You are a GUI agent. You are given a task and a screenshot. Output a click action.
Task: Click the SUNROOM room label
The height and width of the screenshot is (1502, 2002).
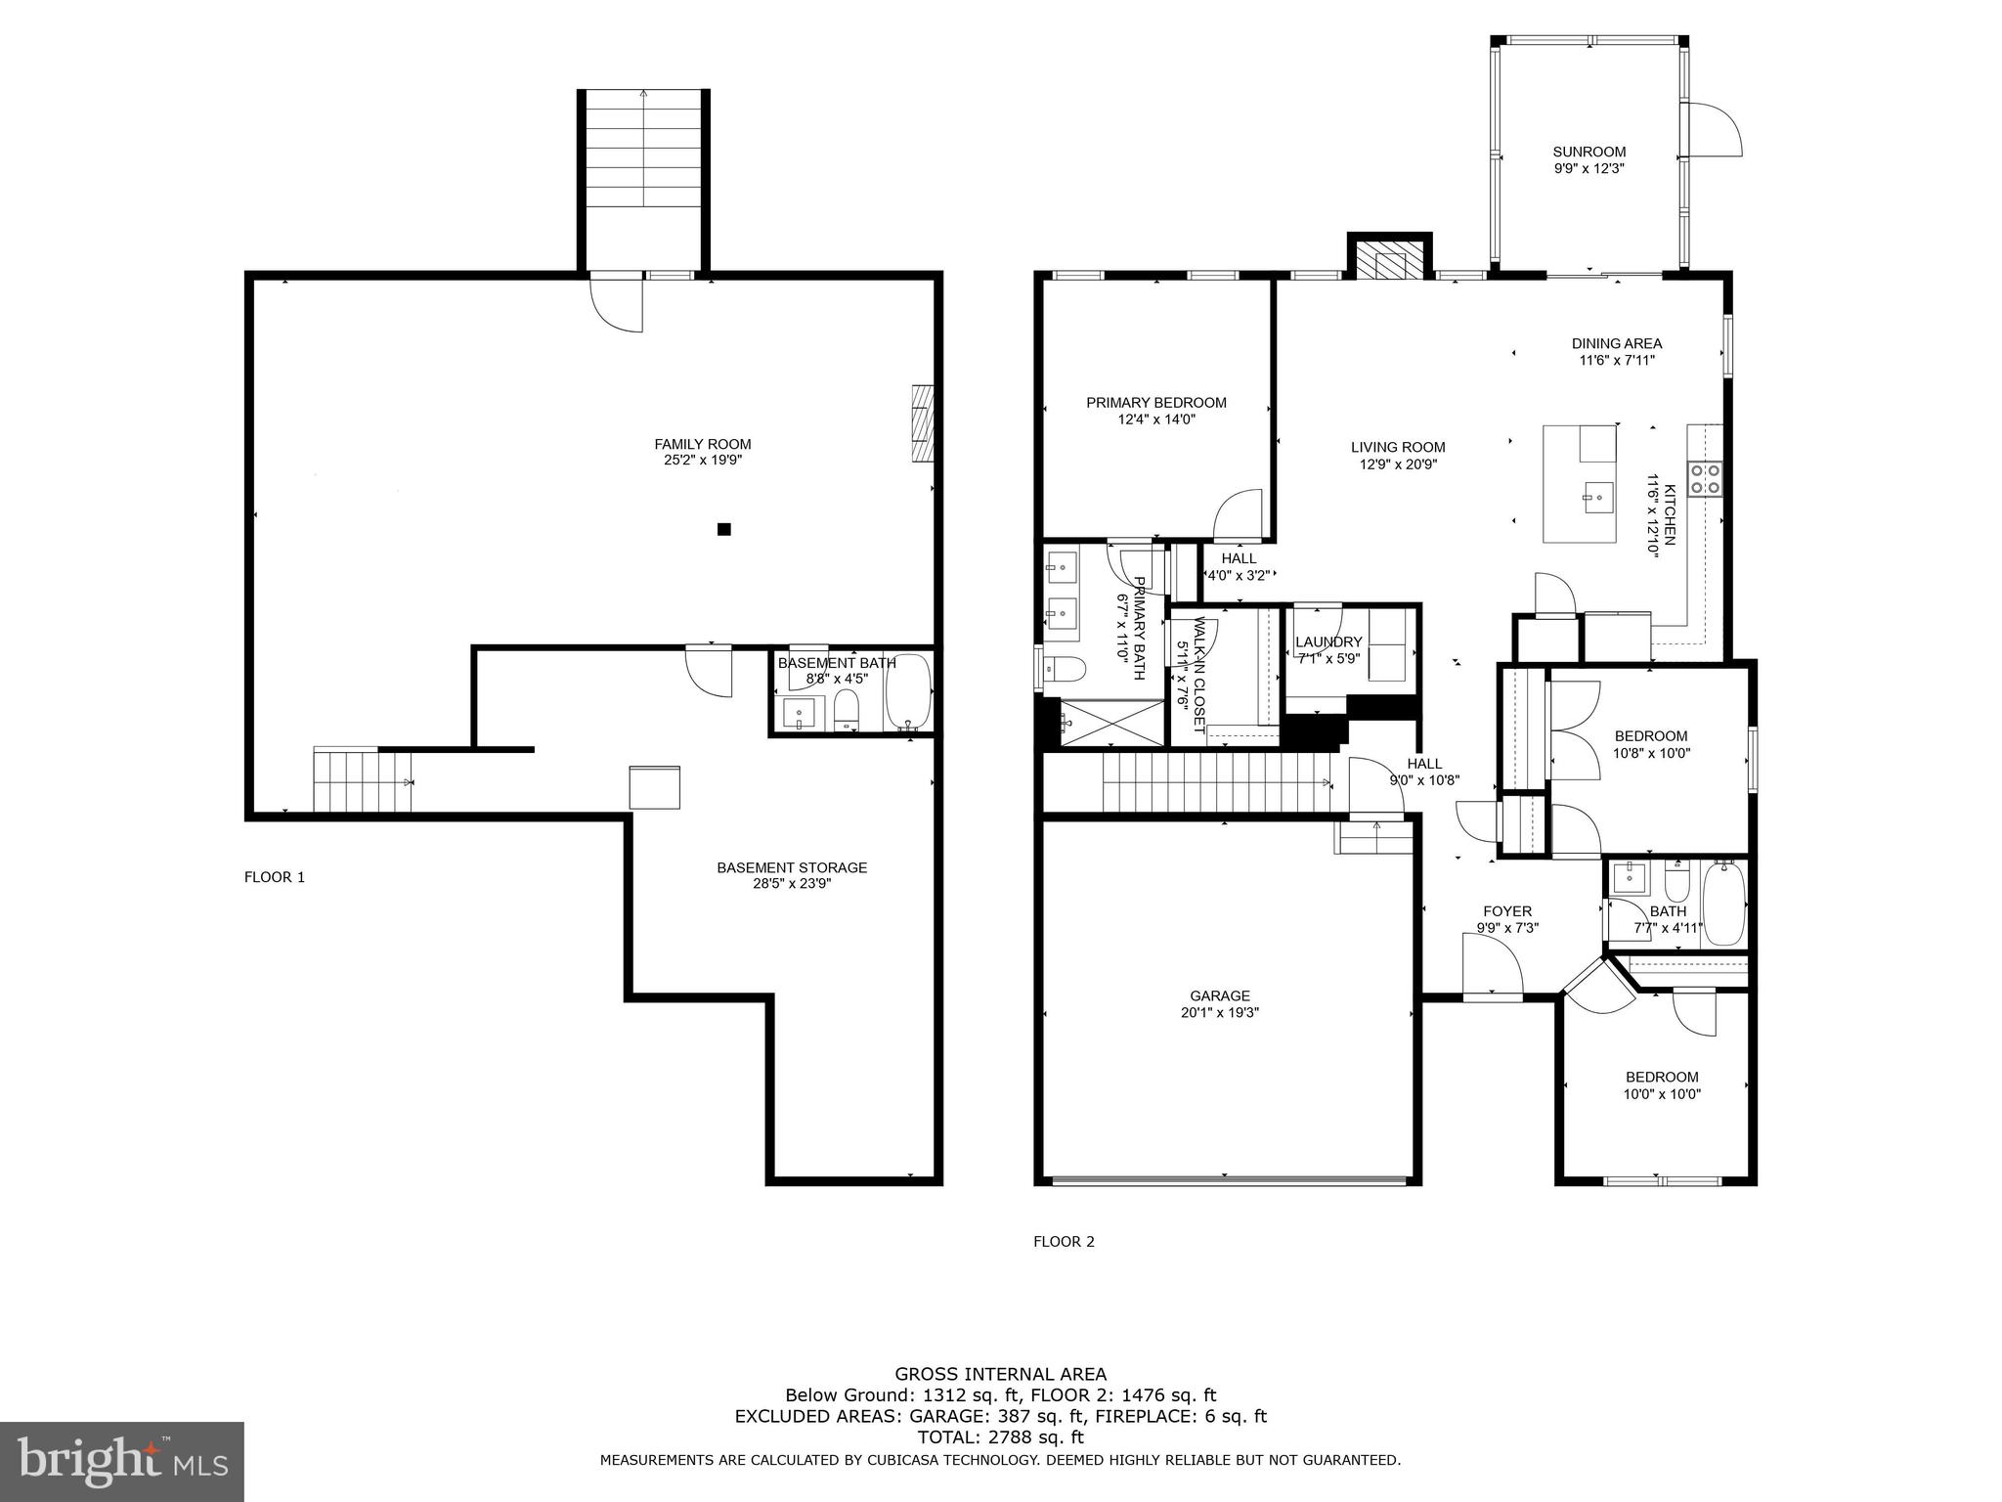pyautogui.click(x=1589, y=152)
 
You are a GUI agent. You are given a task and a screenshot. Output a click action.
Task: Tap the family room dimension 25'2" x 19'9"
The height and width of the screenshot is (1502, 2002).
pyautogui.click(x=702, y=460)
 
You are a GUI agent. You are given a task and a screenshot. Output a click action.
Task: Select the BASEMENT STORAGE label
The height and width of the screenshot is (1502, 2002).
pyautogui.click(x=791, y=867)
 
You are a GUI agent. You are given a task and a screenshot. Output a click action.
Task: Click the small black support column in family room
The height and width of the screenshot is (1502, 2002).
pyautogui.click(x=723, y=529)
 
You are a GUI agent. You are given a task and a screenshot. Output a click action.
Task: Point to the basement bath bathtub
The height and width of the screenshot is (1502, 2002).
pyautogui.click(x=907, y=693)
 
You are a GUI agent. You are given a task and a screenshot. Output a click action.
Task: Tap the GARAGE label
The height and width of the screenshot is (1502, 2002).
pyautogui.click(x=1219, y=995)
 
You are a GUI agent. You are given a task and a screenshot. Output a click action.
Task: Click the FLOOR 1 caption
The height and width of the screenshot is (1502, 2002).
pyautogui.click(x=274, y=877)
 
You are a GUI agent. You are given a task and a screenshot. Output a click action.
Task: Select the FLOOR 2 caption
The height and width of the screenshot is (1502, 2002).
pyautogui.click(x=1064, y=1242)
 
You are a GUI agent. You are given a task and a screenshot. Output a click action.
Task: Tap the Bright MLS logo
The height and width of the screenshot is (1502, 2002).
pyautogui.click(x=121, y=1461)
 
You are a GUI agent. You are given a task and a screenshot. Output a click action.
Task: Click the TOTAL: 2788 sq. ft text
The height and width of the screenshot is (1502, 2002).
pyautogui.click(x=1000, y=1437)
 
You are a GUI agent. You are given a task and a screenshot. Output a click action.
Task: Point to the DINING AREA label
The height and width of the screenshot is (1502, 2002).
pyautogui.click(x=1616, y=343)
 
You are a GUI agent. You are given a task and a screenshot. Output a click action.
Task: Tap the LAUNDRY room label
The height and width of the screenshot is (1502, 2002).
pyautogui.click(x=1327, y=641)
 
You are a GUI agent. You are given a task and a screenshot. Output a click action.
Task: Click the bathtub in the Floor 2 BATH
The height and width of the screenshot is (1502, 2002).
pyautogui.click(x=1724, y=904)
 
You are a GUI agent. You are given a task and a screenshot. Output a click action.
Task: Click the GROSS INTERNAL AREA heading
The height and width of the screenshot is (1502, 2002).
pyautogui.click(x=1000, y=1374)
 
